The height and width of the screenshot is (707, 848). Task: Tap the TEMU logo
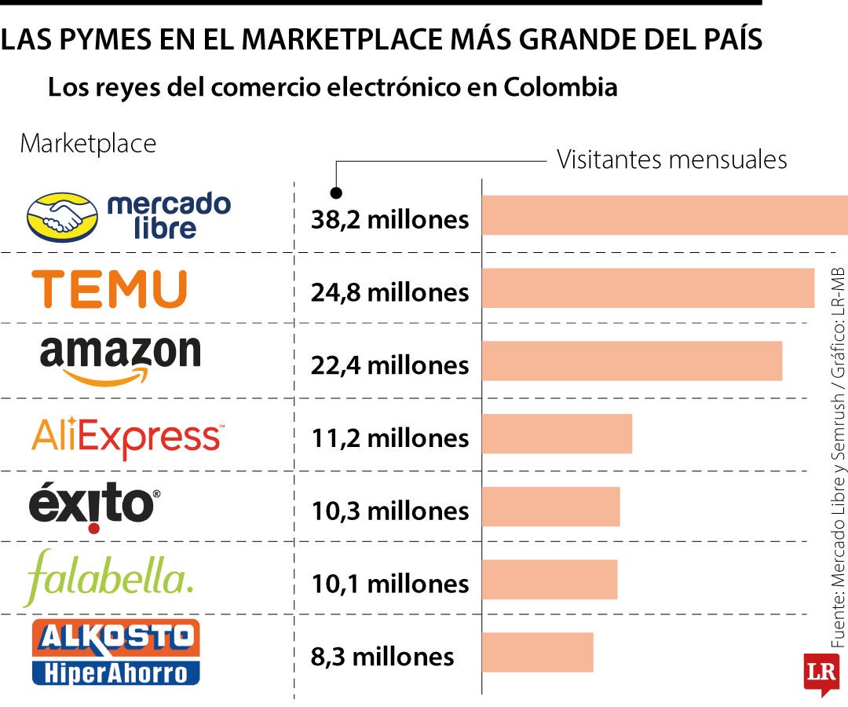click(109, 288)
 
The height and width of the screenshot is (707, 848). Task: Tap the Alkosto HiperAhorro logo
click(115, 652)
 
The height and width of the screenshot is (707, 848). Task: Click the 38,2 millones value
click(389, 220)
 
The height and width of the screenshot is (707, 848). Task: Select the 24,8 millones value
click(389, 292)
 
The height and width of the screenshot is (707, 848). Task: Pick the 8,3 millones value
click(382, 656)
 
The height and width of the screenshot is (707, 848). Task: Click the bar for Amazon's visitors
click(632, 361)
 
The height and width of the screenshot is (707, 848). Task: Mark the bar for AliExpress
click(557, 434)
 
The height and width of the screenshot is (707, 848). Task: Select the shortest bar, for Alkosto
click(538, 652)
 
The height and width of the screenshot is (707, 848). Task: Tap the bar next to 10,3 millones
click(551, 507)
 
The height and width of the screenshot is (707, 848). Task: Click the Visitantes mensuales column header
click(671, 159)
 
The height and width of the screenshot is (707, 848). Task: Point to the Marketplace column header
click(88, 144)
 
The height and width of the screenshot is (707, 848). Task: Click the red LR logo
click(821, 672)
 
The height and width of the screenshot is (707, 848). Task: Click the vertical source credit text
click(838, 456)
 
